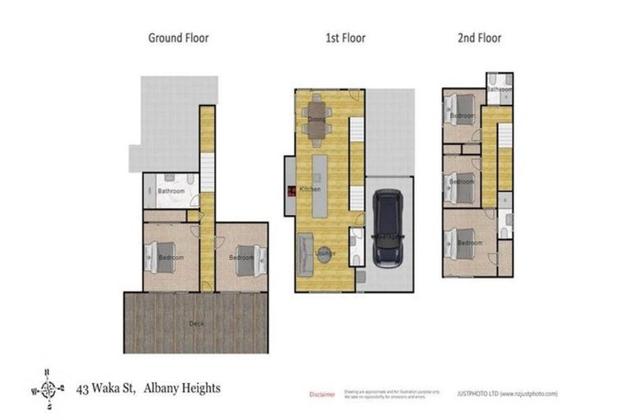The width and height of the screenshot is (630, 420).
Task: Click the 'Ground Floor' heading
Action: tap(178, 37)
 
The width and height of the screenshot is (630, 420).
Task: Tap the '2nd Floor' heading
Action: tap(479, 37)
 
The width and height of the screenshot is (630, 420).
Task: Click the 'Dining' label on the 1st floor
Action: tap(317, 120)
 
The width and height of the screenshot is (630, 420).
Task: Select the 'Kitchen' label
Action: tap(310, 189)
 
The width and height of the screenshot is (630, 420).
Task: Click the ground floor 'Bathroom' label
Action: tap(170, 191)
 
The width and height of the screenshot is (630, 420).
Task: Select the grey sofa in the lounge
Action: tap(304, 250)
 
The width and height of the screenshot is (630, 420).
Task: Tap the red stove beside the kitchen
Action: tap(290, 192)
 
